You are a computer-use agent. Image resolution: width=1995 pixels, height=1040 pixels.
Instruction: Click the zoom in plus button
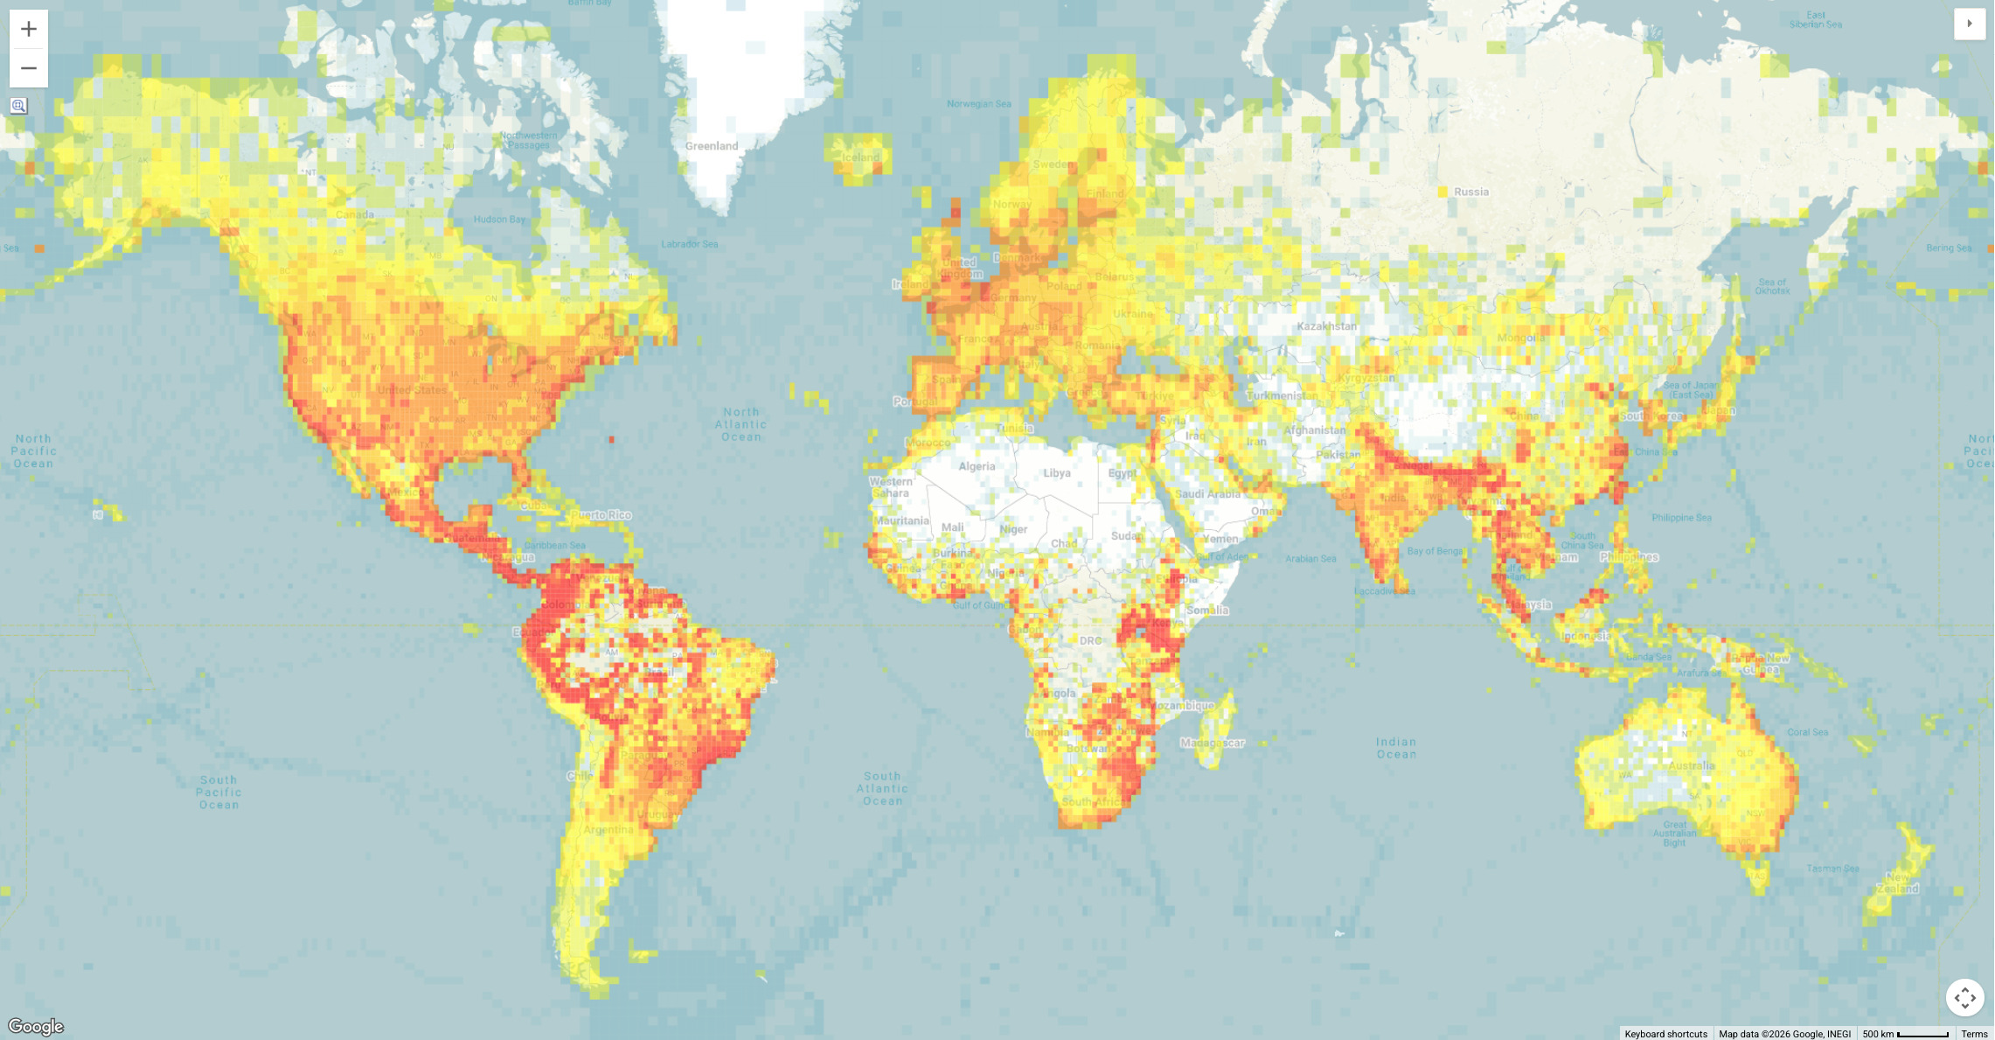click(29, 29)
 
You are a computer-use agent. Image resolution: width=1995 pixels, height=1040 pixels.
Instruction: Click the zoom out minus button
click(29, 68)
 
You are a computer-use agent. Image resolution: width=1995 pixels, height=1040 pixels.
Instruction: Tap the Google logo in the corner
click(36, 1026)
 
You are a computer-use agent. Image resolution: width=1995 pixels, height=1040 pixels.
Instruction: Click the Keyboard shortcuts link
click(1665, 1034)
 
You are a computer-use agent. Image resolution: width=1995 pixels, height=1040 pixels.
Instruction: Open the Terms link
click(1974, 1034)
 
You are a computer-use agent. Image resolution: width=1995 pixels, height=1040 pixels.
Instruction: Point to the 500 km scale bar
click(1906, 1034)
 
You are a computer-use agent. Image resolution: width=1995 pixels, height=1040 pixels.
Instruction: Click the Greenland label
click(712, 146)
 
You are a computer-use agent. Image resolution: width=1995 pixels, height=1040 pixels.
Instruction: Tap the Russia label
click(1471, 192)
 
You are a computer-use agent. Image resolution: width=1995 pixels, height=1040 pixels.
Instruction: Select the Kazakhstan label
click(1326, 326)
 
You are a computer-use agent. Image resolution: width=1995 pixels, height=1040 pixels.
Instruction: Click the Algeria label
click(977, 466)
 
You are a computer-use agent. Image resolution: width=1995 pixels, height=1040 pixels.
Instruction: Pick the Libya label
click(1057, 473)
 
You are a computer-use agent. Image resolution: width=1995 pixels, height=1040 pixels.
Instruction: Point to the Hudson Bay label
click(500, 220)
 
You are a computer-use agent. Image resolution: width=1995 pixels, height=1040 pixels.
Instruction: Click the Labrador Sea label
click(690, 244)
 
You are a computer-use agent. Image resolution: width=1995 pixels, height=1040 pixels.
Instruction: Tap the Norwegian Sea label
click(979, 104)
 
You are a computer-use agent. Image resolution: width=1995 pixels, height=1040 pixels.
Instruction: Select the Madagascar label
click(1213, 743)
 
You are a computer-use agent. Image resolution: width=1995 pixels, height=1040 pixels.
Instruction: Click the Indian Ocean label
click(1396, 748)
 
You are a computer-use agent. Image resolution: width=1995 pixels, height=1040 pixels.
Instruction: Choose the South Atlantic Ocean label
click(882, 788)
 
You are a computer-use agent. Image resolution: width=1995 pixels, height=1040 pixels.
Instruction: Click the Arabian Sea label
click(1310, 558)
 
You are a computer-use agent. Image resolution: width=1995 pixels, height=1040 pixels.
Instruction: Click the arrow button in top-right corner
click(1970, 24)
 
